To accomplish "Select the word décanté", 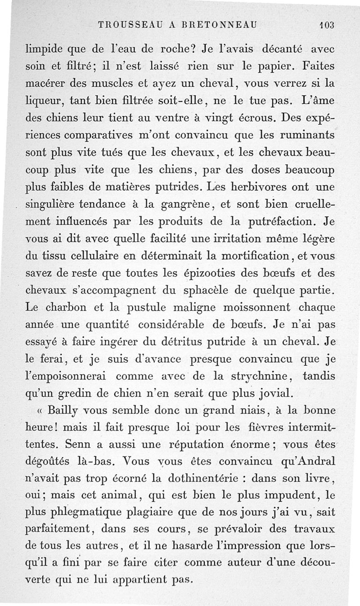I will tap(281, 49).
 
